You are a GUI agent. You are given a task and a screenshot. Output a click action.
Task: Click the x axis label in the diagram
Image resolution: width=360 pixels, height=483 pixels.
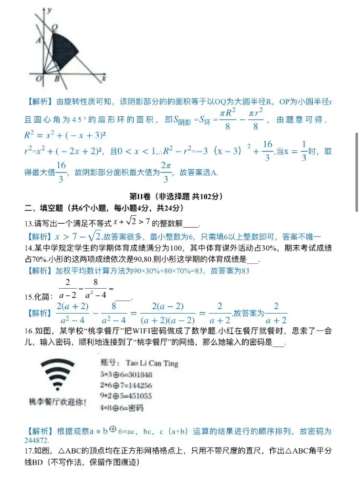coord(104,78)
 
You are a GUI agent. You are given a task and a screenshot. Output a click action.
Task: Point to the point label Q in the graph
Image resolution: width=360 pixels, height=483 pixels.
coord(54,28)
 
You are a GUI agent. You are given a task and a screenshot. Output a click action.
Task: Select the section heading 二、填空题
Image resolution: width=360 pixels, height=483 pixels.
coord(43,209)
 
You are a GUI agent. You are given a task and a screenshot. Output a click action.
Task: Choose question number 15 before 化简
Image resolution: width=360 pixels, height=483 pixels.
coord(29,296)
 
